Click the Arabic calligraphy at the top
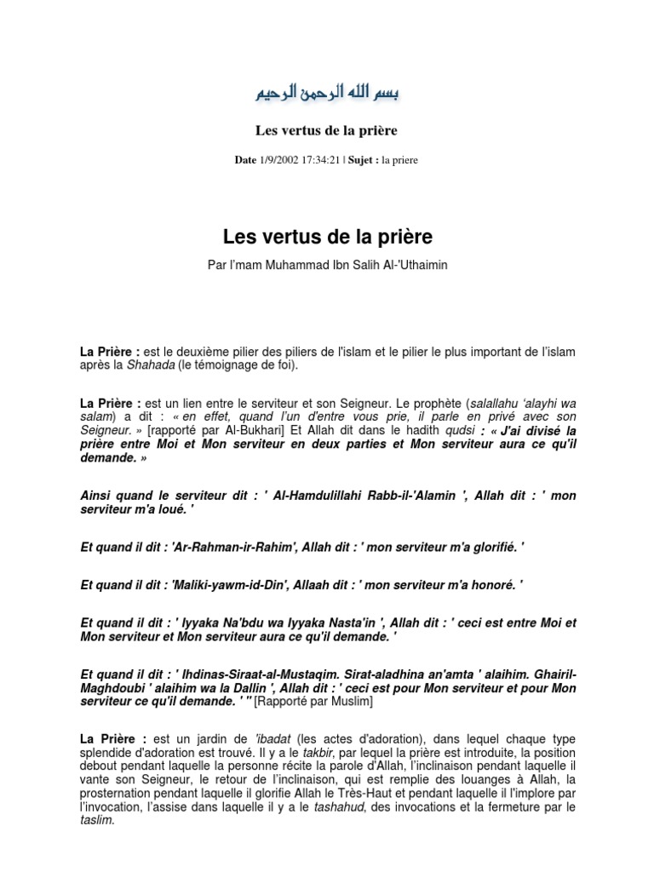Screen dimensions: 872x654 328,92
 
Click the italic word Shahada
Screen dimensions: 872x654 151,365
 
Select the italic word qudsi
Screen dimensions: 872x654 458,431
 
